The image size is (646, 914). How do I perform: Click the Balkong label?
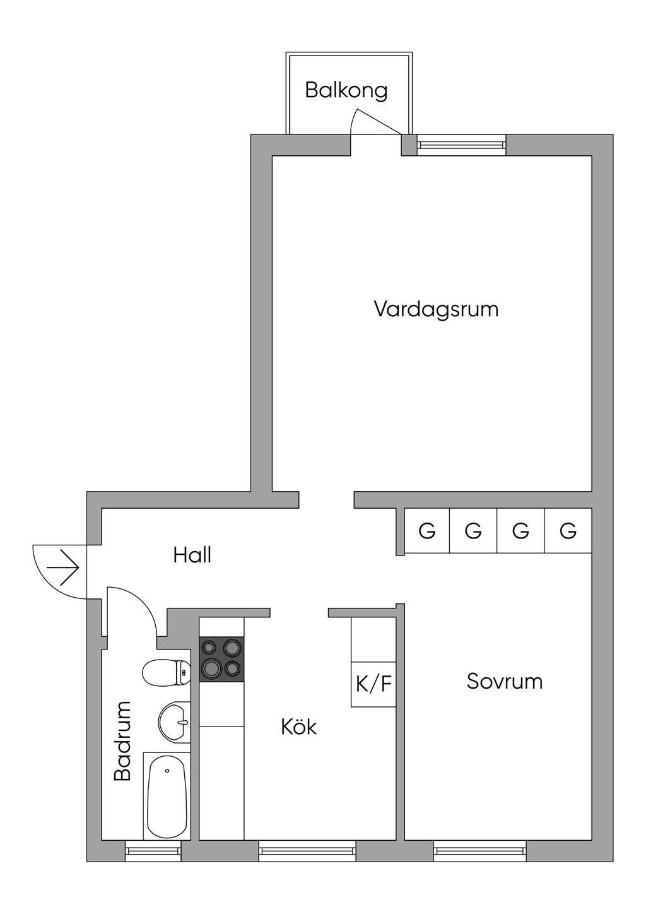point(346,91)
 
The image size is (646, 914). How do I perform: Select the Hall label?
point(192,555)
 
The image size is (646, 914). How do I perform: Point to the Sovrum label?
point(505,681)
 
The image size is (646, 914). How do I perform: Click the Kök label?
point(298,727)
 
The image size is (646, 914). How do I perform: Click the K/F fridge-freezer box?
point(373,684)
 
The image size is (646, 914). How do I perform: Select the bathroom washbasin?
point(174,721)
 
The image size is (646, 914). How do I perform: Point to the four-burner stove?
point(221,659)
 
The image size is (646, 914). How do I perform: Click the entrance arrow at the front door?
point(63,567)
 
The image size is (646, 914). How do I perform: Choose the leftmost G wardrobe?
point(427,530)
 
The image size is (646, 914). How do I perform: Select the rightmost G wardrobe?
point(568,530)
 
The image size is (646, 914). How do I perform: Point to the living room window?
point(461,145)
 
